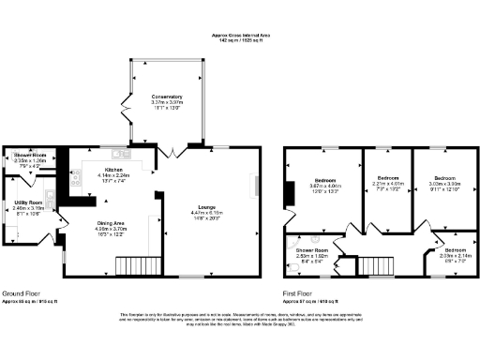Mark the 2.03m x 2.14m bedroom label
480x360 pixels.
[455, 251]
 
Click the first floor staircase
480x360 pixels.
[377, 264]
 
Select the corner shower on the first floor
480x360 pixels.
[298, 239]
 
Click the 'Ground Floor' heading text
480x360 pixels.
[20, 292]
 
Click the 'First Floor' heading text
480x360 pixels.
[300, 292]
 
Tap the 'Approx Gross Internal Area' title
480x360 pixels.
[239, 36]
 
